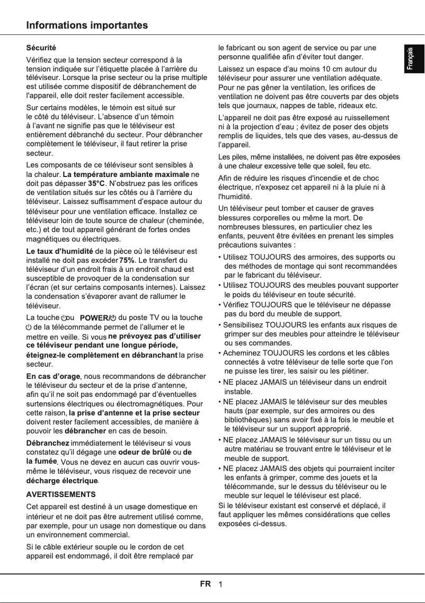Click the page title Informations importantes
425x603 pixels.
click(87, 25)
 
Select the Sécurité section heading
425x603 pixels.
click(41, 48)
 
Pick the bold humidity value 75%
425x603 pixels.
click(127, 260)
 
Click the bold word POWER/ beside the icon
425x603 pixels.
click(94, 318)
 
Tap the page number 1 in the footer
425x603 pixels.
click(220, 584)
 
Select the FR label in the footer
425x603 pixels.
click(205, 584)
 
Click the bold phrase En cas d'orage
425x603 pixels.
click(53, 376)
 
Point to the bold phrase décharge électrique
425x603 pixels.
click(62, 481)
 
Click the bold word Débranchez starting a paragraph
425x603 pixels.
click(48, 442)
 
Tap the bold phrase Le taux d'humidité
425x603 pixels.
click(60, 251)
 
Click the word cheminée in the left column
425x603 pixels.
click(185, 220)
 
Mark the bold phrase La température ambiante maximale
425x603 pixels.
click(126, 174)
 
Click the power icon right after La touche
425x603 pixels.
click(65, 318)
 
